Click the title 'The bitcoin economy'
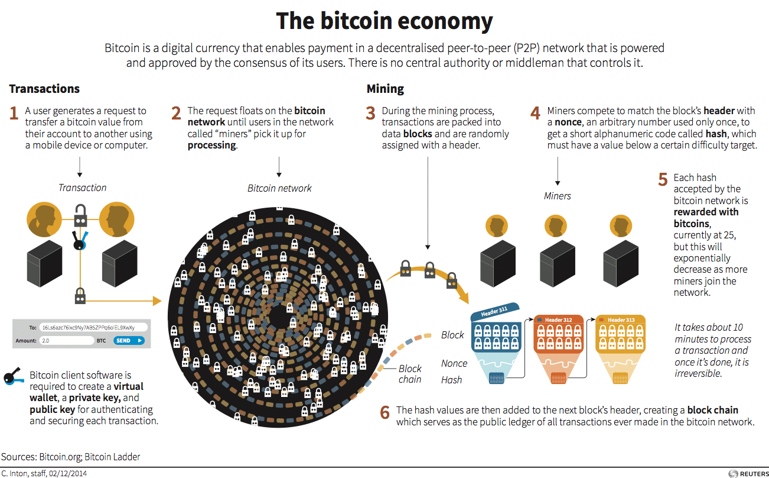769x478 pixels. [384, 21]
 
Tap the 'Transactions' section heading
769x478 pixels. [44, 89]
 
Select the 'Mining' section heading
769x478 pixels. [385, 89]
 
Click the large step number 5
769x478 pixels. [663, 179]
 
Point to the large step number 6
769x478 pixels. [384, 412]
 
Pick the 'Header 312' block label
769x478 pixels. [558, 320]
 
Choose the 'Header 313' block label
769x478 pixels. [621, 320]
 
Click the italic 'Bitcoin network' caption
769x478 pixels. [279, 188]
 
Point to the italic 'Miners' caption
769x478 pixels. [557, 196]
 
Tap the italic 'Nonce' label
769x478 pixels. [454, 363]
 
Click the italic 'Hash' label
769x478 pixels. [451, 380]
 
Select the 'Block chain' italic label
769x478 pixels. [410, 374]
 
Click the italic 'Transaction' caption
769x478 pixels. [82, 188]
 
